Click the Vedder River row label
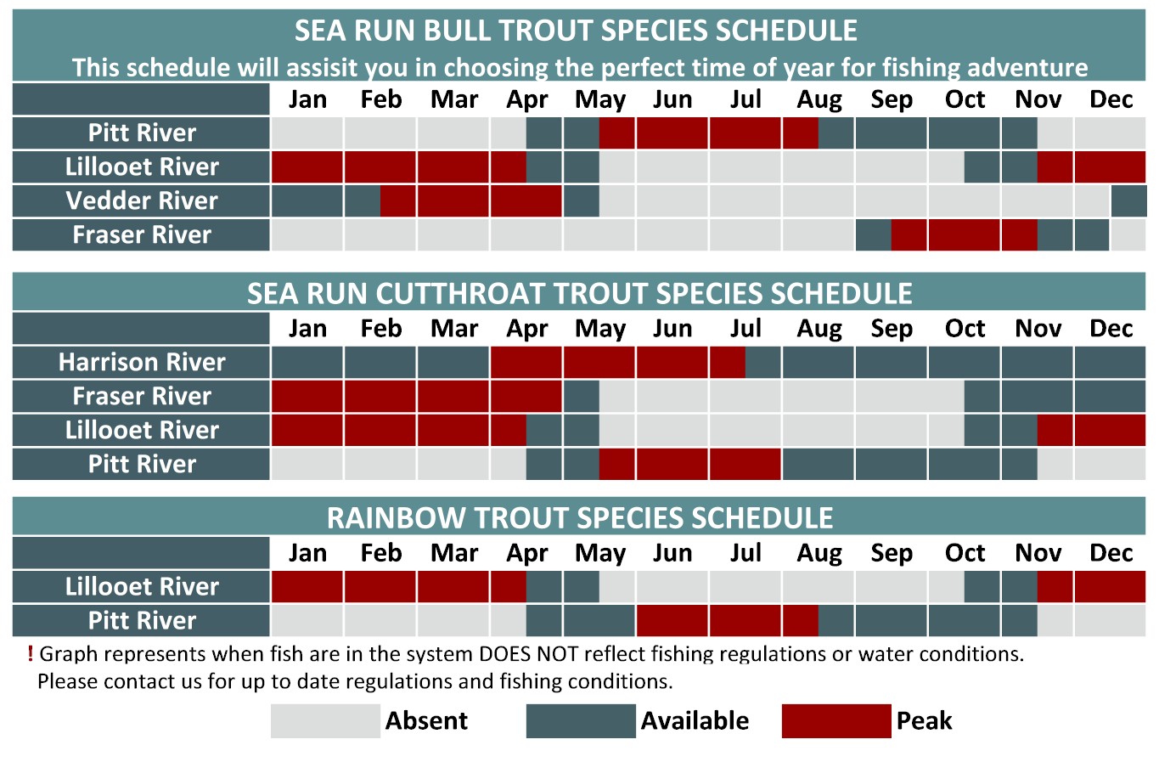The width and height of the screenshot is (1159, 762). click(x=142, y=200)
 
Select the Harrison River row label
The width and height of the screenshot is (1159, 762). click(x=142, y=362)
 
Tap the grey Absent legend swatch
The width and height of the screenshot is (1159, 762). click(x=325, y=720)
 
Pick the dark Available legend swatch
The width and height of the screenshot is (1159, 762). click(x=581, y=720)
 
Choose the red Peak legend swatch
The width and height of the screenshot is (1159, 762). click(x=836, y=720)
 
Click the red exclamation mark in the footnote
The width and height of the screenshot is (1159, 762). click(x=30, y=654)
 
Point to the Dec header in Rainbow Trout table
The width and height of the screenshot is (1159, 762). click(x=1111, y=553)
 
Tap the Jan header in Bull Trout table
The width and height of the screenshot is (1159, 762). click(x=307, y=99)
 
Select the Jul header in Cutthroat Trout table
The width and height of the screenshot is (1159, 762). click(x=745, y=328)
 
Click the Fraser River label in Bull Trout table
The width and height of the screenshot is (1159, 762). click(x=142, y=235)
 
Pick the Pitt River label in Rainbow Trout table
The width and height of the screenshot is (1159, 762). click(x=142, y=620)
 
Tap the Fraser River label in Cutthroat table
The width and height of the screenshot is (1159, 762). click(x=142, y=396)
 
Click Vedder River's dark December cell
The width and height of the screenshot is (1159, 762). click(x=1128, y=200)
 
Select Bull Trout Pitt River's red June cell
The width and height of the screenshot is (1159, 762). click(x=672, y=133)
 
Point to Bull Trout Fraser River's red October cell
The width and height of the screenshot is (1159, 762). click(x=964, y=235)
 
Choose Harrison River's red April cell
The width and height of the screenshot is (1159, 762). click(x=526, y=362)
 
